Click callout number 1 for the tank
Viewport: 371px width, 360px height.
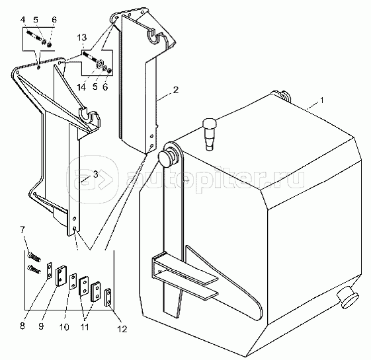tap(321, 100)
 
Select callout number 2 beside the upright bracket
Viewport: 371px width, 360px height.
tap(175, 90)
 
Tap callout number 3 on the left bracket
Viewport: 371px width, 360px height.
tap(95, 174)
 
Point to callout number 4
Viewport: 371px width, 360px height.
tap(22, 20)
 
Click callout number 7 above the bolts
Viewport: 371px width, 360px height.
tap(22, 230)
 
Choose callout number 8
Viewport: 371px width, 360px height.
tap(22, 326)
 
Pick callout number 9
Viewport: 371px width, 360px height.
tap(41, 326)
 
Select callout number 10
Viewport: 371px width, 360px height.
tap(64, 327)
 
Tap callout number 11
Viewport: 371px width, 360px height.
tap(85, 327)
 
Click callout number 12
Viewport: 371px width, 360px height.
tap(122, 329)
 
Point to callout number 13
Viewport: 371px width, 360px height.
tap(82, 38)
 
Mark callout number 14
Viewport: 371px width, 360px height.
tap(81, 87)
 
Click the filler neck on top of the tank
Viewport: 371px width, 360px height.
tap(209, 134)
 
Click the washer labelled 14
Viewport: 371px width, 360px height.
tap(100, 64)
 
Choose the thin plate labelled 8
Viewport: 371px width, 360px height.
tap(49, 271)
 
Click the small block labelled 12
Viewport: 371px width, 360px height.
tap(108, 297)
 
